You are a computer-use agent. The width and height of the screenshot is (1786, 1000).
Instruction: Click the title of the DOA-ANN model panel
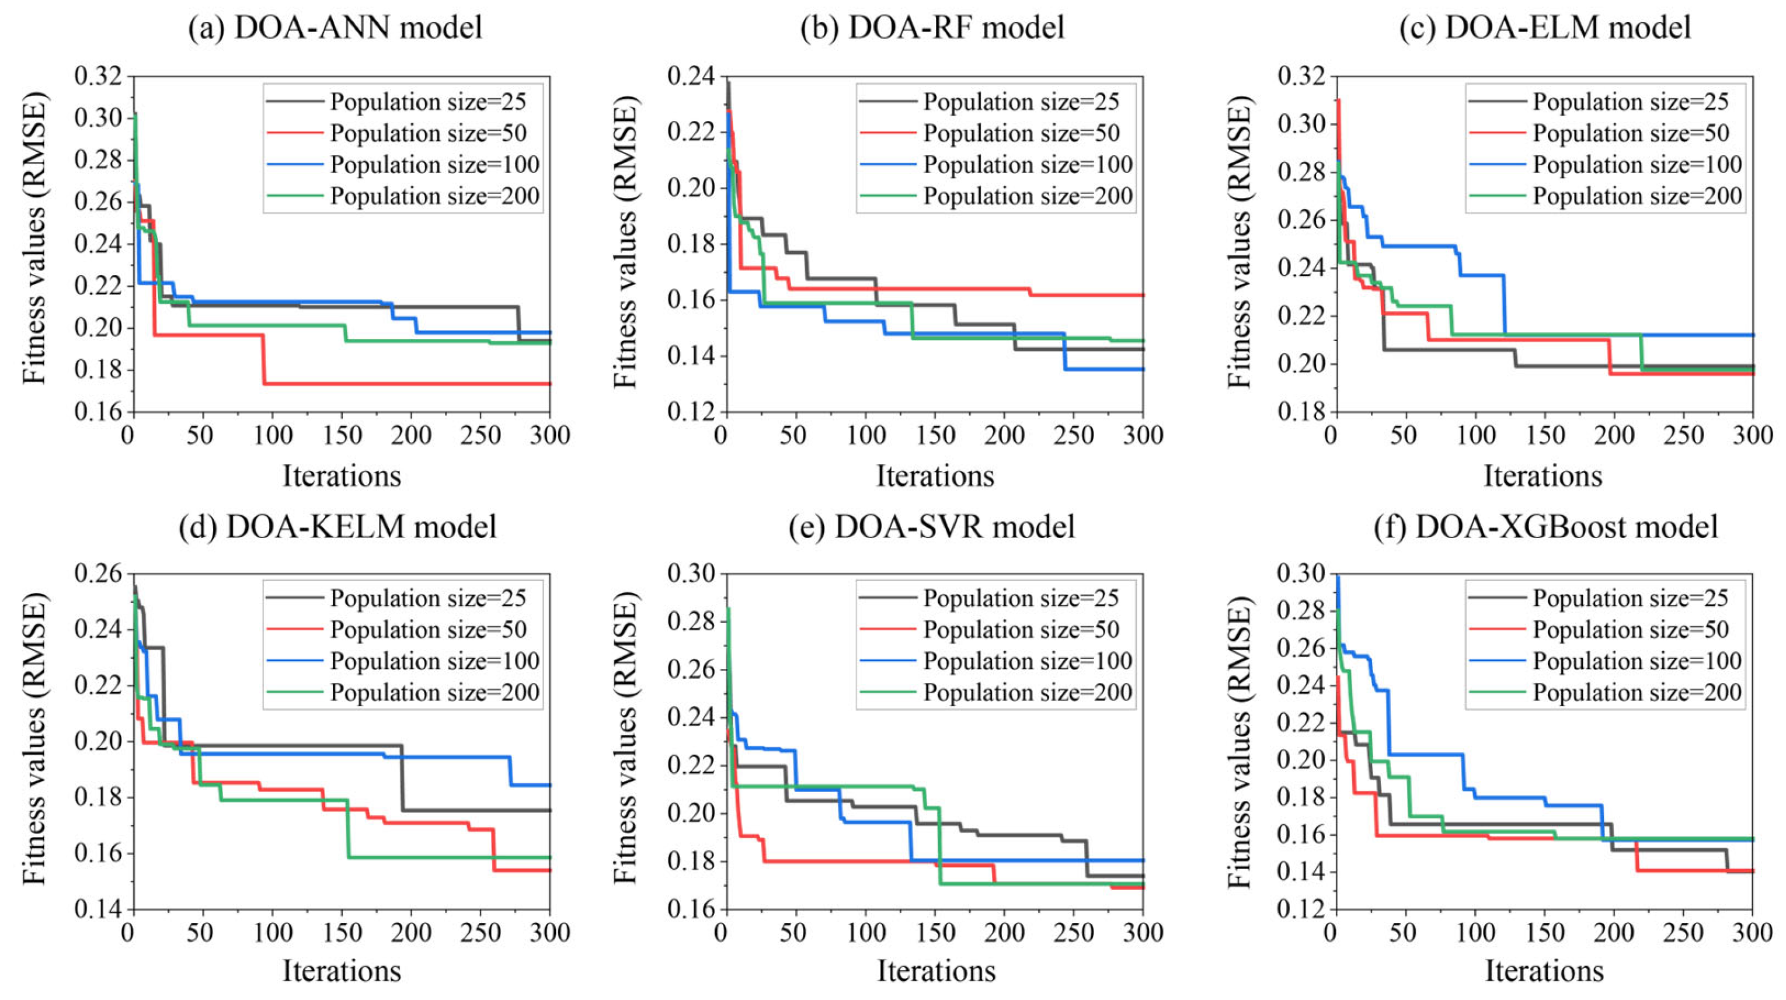[x=335, y=27]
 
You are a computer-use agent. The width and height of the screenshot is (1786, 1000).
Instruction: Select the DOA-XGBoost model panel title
[x=1545, y=526]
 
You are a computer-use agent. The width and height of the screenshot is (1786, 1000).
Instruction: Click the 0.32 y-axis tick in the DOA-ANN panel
[x=97, y=77]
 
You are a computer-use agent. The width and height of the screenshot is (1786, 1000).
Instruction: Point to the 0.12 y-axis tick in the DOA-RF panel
[x=691, y=412]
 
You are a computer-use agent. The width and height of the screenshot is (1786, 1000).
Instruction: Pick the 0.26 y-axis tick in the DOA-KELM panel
[x=97, y=575]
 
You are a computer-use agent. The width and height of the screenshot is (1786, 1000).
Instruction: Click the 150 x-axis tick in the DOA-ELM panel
[x=1545, y=436]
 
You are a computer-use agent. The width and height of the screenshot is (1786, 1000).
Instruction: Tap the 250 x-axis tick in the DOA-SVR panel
[x=1073, y=933]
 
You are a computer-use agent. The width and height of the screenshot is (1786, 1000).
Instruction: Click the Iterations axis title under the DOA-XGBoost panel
[x=1544, y=971]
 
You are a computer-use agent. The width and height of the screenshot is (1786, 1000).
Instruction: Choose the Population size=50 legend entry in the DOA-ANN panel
[x=428, y=133]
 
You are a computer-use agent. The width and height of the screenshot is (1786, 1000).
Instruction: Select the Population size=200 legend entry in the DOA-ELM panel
[x=1637, y=196]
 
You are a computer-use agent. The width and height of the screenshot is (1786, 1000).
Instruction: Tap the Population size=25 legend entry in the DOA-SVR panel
[x=1021, y=598]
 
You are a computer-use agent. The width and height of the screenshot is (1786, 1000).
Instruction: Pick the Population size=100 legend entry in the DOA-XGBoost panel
[x=1637, y=661]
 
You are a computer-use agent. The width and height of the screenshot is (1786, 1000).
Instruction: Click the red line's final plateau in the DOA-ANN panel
[x=409, y=384]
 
